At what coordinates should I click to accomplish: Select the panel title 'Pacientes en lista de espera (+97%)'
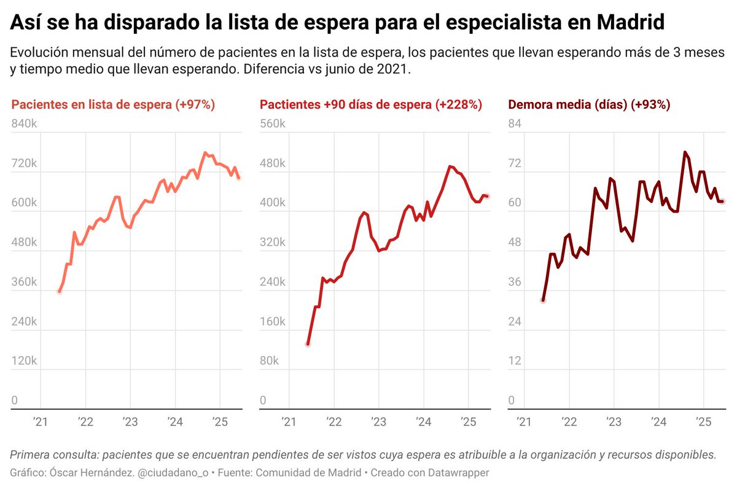click(x=113, y=105)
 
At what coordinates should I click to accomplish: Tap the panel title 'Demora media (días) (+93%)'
click(x=589, y=105)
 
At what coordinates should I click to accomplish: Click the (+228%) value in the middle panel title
click(x=459, y=105)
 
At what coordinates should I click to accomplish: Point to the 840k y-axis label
click(x=25, y=124)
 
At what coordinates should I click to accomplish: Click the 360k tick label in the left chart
click(x=25, y=282)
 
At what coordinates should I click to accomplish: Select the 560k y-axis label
click(x=273, y=124)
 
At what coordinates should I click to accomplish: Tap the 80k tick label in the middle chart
click(x=270, y=360)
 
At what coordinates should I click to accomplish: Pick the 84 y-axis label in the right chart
click(x=515, y=124)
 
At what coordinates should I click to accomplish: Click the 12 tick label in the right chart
click(x=515, y=360)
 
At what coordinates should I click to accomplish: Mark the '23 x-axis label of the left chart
click(x=130, y=421)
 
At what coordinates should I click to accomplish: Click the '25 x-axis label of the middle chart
click(x=467, y=421)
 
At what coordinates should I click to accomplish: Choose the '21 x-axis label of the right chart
click(x=524, y=421)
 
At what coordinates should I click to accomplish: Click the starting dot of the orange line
click(x=59, y=291)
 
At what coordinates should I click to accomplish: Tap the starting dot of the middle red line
click(x=308, y=344)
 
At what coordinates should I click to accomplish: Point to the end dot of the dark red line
click(x=723, y=201)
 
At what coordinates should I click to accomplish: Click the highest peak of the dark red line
click(x=684, y=152)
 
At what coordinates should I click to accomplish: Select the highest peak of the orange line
click(x=205, y=154)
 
